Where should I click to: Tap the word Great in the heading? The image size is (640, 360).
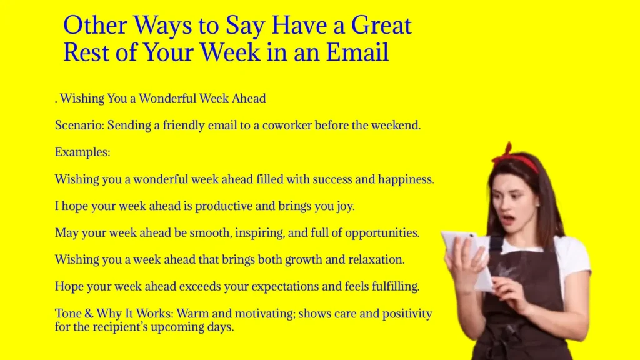(381, 26)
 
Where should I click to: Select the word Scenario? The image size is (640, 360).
(79, 125)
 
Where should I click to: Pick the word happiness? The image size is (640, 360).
(403, 179)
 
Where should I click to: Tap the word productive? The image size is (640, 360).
(224, 206)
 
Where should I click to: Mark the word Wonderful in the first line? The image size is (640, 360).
(167, 99)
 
